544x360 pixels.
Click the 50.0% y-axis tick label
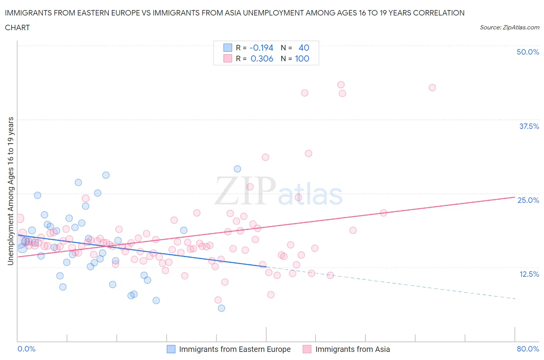[x=528, y=52]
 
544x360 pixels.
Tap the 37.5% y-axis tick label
[x=529, y=126]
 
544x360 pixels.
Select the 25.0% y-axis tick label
[x=528, y=200]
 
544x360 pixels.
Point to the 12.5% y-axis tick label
[x=529, y=274]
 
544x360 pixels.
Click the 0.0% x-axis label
[x=26, y=349]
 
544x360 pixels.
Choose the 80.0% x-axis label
[x=528, y=349]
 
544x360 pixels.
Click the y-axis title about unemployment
[x=10, y=191]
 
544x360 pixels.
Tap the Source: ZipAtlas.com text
[x=509, y=27]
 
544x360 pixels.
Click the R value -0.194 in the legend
[x=262, y=48]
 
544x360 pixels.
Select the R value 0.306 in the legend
[x=262, y=58]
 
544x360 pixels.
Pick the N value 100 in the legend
[x=302, y=58]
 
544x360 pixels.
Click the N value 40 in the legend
[x=304, y=48]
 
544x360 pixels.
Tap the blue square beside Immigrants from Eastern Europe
[x=171, y=349]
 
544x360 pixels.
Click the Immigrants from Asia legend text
[x=352, y=349]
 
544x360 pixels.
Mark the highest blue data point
[x=238, y=169]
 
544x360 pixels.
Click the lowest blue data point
[x=221, y=308]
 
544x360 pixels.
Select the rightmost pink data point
[x=432, y=87]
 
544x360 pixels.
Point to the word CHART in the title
[x=17, y=27]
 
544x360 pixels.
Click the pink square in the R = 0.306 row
[x=228, y=58]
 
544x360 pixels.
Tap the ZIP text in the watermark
[x=245, y=191]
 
